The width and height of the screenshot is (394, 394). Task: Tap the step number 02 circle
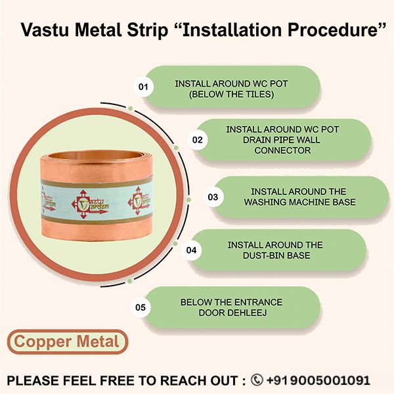[x=196, y=139]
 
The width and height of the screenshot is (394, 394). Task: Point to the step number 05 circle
[x=140, y=307]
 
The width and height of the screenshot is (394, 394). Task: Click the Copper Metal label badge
[x=67, y=341]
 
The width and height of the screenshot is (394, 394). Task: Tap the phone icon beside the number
[x=257, y=380]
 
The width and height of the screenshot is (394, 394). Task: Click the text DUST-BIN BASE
[x=275, y=255]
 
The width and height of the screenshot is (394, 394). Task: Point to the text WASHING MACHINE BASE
[x=290, y=202]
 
